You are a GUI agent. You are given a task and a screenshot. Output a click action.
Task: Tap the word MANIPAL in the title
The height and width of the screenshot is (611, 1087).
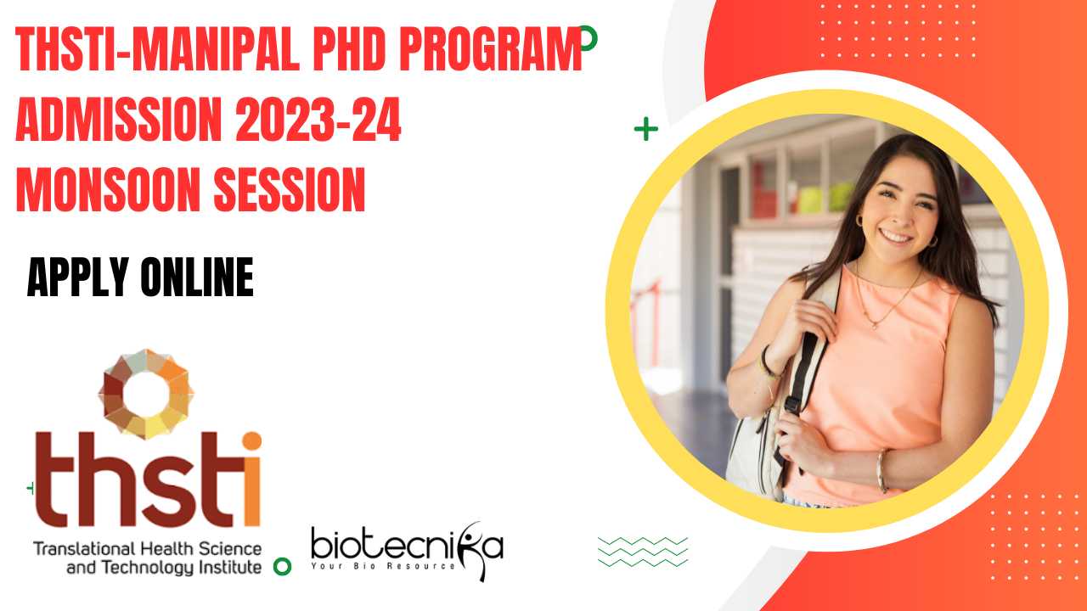point(216,49)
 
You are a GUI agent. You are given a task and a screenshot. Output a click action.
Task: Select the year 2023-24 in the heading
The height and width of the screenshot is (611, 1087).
point(318,119)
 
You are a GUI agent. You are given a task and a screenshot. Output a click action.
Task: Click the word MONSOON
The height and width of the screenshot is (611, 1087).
point(108,189)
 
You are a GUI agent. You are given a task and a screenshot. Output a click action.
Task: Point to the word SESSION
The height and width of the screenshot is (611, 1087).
point(290,189)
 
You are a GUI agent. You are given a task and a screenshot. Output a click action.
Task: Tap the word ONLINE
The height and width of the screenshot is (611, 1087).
point(197,277)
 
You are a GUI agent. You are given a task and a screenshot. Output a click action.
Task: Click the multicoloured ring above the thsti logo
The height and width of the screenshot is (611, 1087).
point(146,394)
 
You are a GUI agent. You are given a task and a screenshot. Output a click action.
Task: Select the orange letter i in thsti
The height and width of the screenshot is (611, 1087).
point(252,479)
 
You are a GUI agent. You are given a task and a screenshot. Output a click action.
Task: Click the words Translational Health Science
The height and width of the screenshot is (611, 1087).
point(148,549)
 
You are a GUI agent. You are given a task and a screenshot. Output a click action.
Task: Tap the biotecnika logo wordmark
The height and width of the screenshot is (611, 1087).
point(407,547)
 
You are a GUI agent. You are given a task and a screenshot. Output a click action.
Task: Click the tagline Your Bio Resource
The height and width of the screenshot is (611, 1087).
point(383,566)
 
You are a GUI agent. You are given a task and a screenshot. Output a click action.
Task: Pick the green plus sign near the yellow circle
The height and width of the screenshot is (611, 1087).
point(646,129)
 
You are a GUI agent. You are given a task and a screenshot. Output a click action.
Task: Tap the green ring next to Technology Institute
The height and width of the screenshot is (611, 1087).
point(282,566)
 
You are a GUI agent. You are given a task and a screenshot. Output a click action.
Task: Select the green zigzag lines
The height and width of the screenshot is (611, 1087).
point(643,552)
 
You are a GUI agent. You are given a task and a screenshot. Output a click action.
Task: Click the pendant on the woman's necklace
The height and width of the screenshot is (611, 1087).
point(875,325)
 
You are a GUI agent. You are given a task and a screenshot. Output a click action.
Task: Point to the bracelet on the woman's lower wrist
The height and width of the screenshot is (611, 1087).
point(881,471)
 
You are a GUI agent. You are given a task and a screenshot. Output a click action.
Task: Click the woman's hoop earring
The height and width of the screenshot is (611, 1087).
point(859,221)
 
